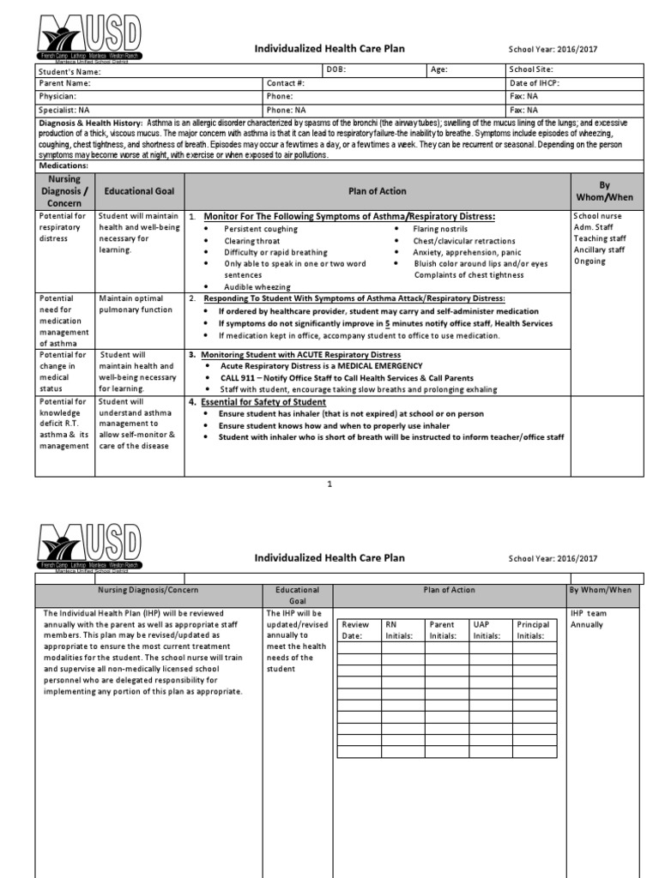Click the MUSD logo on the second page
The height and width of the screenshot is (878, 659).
(x=90, y=550)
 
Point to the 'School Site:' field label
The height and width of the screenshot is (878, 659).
(x=531, y=69)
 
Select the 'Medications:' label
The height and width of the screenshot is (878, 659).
(x=65, y=165)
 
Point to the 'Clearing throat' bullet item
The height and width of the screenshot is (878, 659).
(x=252, y=241)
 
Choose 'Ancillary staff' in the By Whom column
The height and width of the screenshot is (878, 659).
(x=599, y=250)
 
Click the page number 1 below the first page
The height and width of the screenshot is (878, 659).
(x=329, y=485)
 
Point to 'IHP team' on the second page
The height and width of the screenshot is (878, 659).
(x=590, y=613)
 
